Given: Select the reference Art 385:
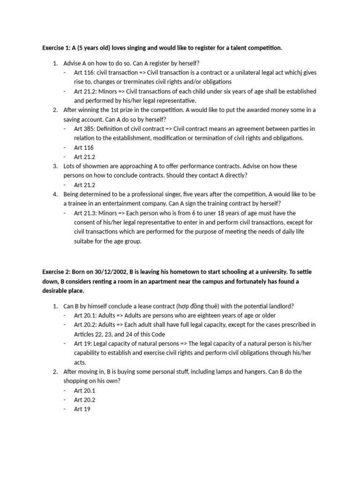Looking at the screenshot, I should (x=84, y=129).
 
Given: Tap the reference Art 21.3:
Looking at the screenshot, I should (x=86, y=213).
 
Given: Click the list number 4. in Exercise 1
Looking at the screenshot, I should (x=55, y=194).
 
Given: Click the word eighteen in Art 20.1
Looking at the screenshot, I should (x=212, y=315).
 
